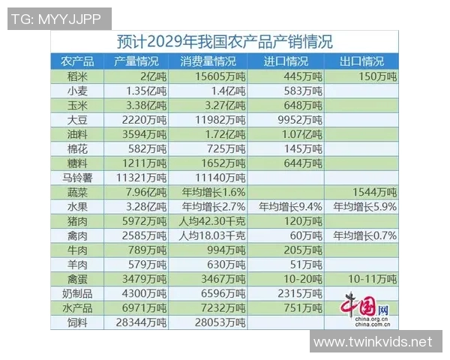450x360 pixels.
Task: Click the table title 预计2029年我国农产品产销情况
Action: [x=225, y=41]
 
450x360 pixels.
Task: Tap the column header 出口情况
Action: [x=361, y=61]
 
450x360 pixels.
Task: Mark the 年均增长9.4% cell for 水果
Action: [x=289, y=207]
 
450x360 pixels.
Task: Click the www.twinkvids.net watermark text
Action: [x=373, y=342]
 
